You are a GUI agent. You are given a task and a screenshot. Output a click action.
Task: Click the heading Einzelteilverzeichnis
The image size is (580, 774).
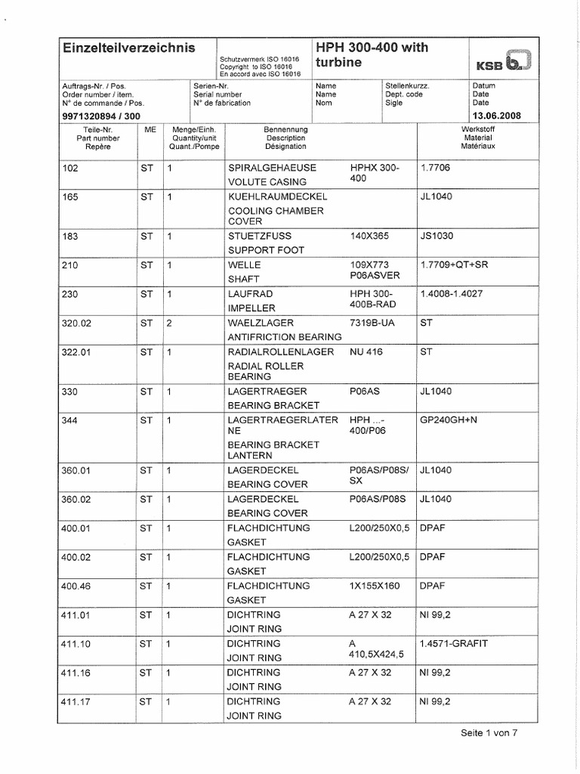(128, 48)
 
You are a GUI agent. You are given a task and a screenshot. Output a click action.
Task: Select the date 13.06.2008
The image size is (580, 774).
(495, 116)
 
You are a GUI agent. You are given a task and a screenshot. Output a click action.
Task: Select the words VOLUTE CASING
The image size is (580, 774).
(267, 181)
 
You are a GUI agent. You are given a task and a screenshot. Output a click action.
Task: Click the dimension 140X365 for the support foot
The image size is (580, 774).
(369, 236)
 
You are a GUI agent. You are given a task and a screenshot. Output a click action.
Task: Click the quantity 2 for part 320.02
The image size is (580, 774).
(171, 321)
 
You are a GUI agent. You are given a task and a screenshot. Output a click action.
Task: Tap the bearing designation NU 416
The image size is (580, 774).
(367, 351)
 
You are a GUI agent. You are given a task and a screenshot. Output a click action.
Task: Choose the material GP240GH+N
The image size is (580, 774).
(451, 420)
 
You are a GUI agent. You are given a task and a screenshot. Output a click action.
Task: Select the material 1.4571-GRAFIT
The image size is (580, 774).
(454, 643)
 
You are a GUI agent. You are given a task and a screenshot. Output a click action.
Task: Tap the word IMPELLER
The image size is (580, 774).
(251, 308)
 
